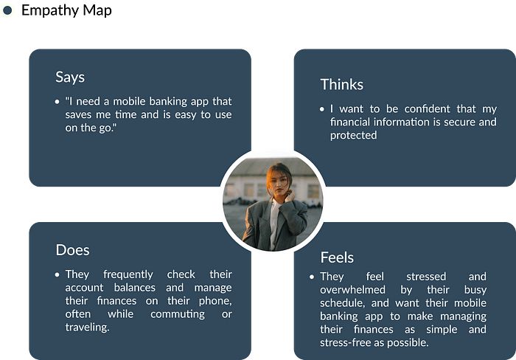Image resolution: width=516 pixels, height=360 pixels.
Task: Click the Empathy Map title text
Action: click(66, 10)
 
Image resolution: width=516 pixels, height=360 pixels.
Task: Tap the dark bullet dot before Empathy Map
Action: click(7, 10)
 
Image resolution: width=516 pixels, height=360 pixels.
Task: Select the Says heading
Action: click(70, 77)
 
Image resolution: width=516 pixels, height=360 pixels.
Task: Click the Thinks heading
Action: click(342, 84)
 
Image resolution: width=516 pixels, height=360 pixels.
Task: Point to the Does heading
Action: click(72, 250)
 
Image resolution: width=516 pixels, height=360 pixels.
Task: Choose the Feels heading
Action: click(337, 257)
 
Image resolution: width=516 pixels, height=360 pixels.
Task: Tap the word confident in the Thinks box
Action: click(427, 108)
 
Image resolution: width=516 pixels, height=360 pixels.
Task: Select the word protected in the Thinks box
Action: click(353, 136)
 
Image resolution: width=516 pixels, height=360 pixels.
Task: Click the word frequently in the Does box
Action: click(128, 274)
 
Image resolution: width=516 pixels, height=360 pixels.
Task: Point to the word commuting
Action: click(178, 314)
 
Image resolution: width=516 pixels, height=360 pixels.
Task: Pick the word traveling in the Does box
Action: click(87, 327)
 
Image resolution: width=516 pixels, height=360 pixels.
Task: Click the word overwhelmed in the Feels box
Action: click(352, 290)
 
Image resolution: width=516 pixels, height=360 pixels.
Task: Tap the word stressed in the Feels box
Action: click(426, 277)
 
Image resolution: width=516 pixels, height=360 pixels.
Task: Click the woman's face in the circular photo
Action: click(279, 183)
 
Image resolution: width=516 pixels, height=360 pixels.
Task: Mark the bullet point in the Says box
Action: click(57, 102)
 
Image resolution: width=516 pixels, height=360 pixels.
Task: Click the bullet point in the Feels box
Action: click(312, 277)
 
